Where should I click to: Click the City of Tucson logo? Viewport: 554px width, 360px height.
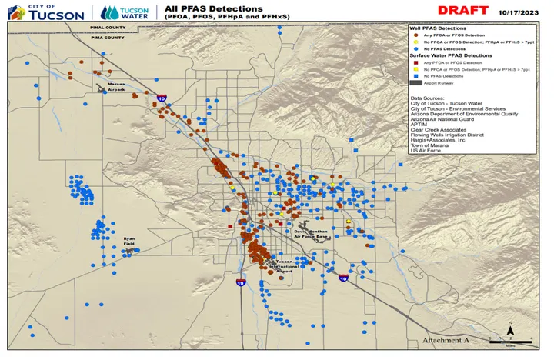pyautogui.click(x=53, y=12)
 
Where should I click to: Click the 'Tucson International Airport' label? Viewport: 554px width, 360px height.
pyautogui.click(x=280, y=266)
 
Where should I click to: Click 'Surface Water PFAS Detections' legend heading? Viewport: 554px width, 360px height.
pyautogui.click(x=450, y=56)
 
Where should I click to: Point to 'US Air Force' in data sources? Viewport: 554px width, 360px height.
pyautogui.click(x=425, y=151)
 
